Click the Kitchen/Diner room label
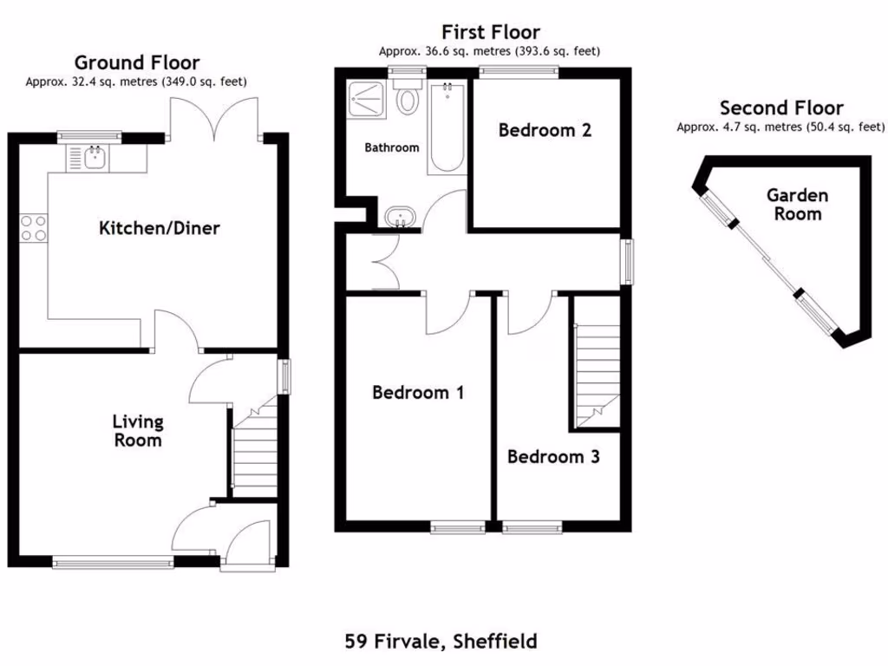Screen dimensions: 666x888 pyautogui.click(x=159, y=229)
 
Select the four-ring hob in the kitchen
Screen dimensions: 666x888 pyautogui.click(x=33, y=227)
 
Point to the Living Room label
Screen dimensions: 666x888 pyautogui.click(x=138, y=431)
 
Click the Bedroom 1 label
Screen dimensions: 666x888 pyautogui.click(x=418, y=393)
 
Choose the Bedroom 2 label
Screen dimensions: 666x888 pyautogui.click(x=545, y=131)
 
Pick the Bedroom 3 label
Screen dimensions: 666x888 pyautogui.click(x=553, y=457)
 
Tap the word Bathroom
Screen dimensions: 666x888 pyautogui.click(x=391, y=148)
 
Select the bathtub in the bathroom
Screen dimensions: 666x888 pyautogui.click(x=447, y=126)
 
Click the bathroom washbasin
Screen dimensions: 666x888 pyautogui.click(x=400, y=217)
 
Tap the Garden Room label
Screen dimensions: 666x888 pyautogui.click(x=797, y=205)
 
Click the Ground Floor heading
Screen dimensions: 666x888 pyautogui.click(x=137, y=62)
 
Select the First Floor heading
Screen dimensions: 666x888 pyautogui.click(x=490, y=33)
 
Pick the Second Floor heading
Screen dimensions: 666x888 pyautogui.click(x=780, y=108)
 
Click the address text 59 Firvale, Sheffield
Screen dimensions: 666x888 pyautogui.click(x=441, y=642)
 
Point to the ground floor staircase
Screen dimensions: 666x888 pyautogui.click(x=253, y=451)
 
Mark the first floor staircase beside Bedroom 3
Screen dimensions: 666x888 pyautogui.click(x=596, y=364)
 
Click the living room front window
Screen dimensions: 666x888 pyautogui.click(x=114, y=563)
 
